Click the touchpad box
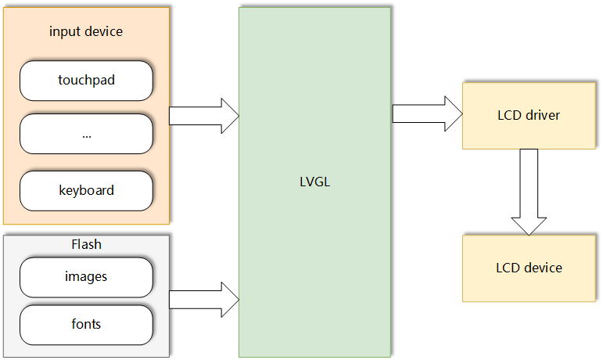point(86,80)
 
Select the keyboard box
point(86,190)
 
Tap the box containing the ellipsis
point(86,134)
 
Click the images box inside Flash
point(86,276)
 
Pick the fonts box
point(86,324)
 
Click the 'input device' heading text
point(86,31)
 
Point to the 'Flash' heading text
point(86,244)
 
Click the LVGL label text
point(315,182)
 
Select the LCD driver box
point(529,115)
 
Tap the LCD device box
point(529,268)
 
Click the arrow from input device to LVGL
point(203,116)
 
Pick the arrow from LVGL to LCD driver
point(426,113)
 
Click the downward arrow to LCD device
point(529,191)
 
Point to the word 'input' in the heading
point(63,31)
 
